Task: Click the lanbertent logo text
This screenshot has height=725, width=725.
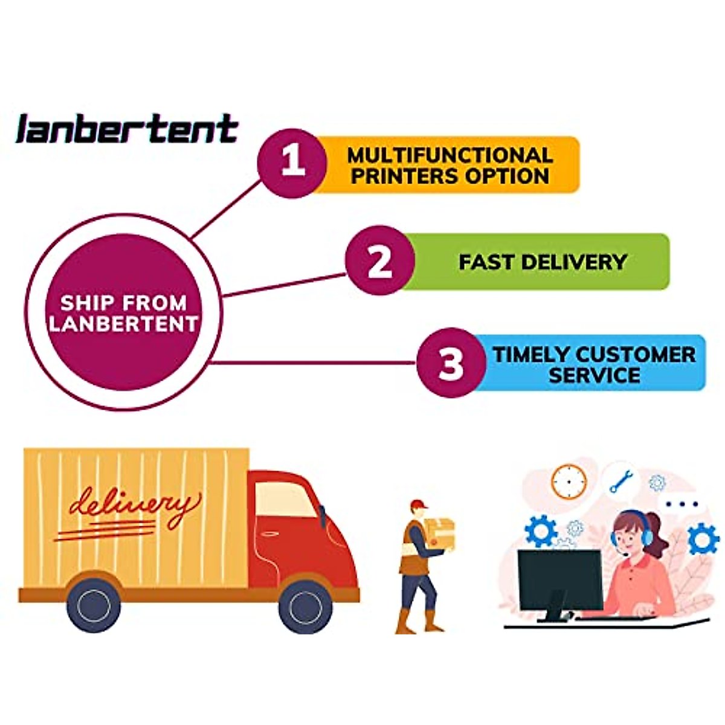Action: point(127,129)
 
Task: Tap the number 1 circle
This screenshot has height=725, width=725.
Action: point(292,163)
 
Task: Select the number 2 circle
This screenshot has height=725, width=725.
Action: point(380,260)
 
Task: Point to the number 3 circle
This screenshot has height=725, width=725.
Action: point(451,362)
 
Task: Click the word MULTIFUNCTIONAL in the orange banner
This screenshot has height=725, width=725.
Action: point(449,155)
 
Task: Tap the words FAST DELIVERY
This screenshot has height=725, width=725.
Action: point(543,262)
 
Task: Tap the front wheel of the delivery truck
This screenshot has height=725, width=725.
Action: point(305,605)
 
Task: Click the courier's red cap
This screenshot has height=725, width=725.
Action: point(417,504)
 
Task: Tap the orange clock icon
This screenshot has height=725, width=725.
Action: point(569,481)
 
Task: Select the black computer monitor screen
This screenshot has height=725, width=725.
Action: point(559,579)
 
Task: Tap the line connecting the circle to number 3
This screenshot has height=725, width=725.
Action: point(314,363)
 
